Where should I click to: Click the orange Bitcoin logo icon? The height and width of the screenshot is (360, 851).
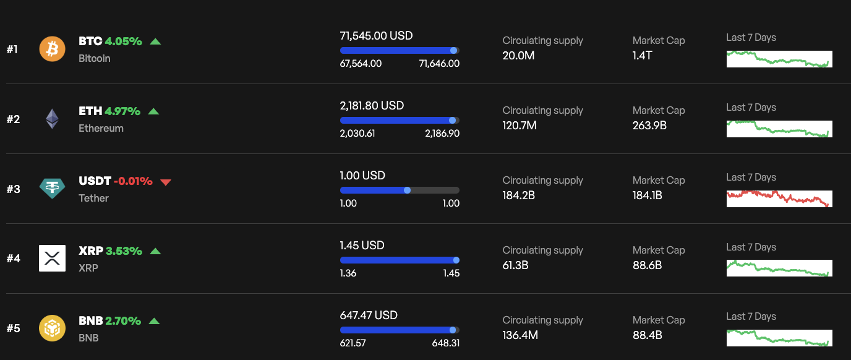point(52,49)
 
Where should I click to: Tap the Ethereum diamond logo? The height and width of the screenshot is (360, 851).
point(52,119)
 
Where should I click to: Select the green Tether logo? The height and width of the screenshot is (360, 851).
point(52,188)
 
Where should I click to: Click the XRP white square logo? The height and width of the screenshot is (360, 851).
point(52,258)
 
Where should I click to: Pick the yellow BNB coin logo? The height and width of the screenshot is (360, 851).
point(52,328)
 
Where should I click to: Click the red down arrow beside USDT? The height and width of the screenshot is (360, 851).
point(165,182)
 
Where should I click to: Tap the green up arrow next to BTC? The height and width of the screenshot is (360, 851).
point(155,42)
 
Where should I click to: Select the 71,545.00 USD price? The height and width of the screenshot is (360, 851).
point(376,36)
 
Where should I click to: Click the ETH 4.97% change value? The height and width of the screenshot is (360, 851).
point(122,111)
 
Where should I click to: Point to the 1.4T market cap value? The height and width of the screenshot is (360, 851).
point(642,56)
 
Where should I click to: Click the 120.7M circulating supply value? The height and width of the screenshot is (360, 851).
point(519,126)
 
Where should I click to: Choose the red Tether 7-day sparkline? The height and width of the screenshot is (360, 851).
point(779,199)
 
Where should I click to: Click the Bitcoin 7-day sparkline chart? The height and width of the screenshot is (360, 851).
point(779,59)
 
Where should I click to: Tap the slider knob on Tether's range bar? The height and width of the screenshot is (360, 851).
point(407,190)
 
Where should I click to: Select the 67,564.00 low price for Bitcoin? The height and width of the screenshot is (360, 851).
point(361,64)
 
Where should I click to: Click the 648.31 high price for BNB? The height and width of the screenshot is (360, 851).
point(445,343)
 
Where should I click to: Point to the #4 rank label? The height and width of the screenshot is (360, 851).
point(13,259)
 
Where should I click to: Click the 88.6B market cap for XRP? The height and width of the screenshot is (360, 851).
point(647,265)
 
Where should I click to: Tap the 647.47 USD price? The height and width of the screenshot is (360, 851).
point(369,315)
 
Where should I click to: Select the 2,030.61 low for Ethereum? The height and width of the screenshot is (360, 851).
point(357,134)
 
